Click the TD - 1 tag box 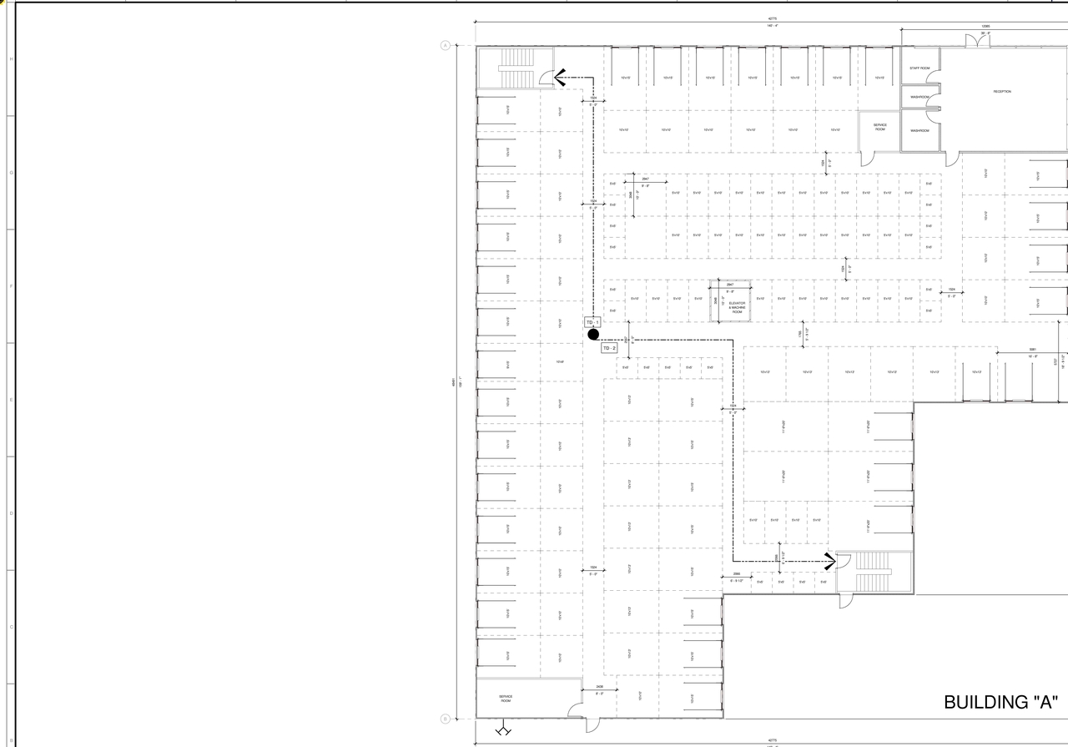point(592,322)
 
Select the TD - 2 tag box point(610,348)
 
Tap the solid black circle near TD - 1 point(593,335)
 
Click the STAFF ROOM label point(919,68)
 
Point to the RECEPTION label point(1002,92)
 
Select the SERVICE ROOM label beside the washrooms point(880,128)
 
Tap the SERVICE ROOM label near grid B point(506,699)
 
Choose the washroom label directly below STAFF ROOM point(919,97)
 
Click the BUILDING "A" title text point(1000,702)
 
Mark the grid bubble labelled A point(446,45)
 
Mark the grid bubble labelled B point(446,719)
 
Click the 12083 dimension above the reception point(985,26)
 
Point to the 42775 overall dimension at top point(773,18)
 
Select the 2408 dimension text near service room point(600,687)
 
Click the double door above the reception point(978,40)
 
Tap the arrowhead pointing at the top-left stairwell point(559,78)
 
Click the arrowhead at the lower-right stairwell point(829,560)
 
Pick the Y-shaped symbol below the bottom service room point(502,731)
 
